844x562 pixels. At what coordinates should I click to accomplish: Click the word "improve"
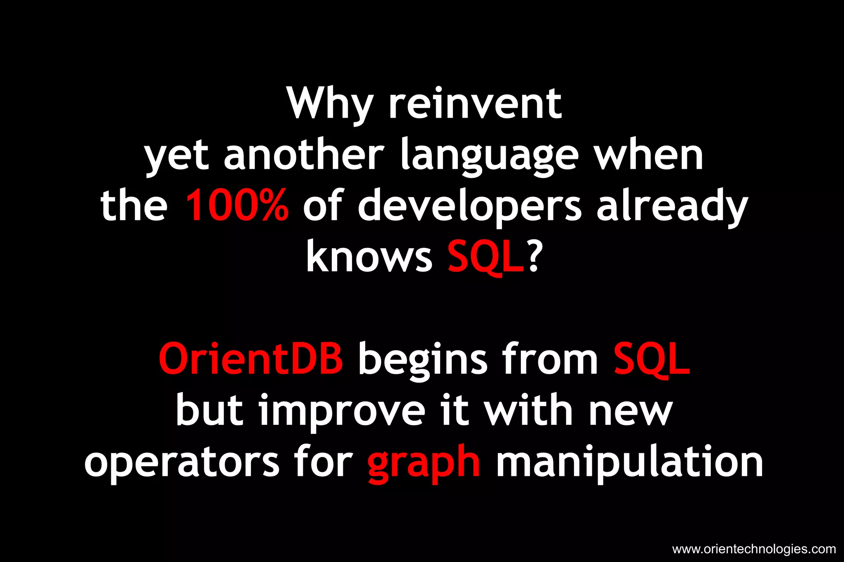pos(342,412)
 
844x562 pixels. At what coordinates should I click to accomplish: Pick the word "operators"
pos(182,463)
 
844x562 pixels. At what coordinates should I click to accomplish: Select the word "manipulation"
pos(629,463)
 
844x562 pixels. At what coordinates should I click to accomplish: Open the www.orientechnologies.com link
pos(754,549)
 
